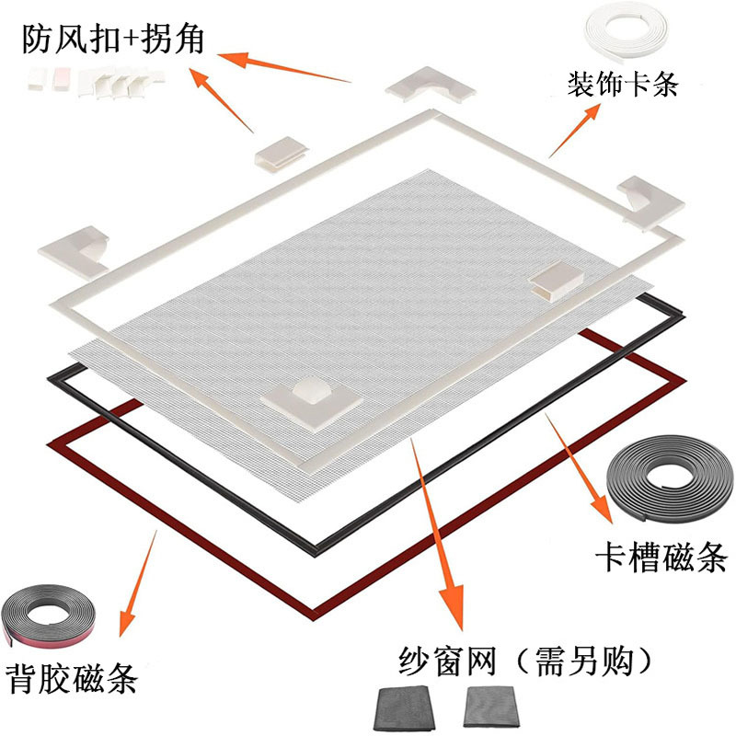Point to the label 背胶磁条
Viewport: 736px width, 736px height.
[71, 679]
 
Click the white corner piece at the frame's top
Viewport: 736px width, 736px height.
[429, 87]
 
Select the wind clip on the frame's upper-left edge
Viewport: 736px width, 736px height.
[279, 154]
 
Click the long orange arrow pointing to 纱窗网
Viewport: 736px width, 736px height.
[437, 534]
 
